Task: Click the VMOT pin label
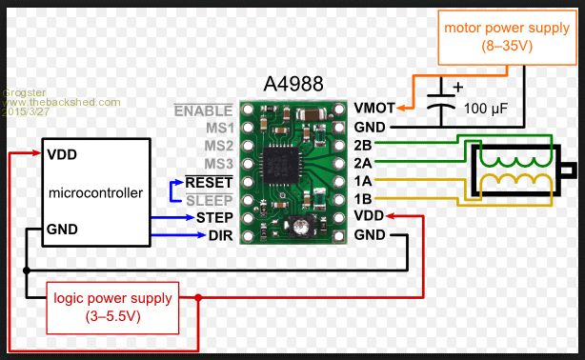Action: [x=374, y=109]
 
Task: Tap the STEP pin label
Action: [x=214, y=217]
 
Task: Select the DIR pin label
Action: [x=220, y=235]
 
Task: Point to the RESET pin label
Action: [x=209, y=183]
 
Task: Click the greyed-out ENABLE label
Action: [x=203, y=110]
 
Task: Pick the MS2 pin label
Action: [x=218, y=146]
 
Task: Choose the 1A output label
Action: [x=363, y=181]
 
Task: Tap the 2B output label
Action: [x=363, y=145]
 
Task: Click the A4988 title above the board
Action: [x=293, y=84]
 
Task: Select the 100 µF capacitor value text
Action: [x=485, y=109]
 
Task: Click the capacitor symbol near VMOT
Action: [x=441, y=102]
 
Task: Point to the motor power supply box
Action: [x=507, y=37]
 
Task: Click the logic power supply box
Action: [x=112, y=309]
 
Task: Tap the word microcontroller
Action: [x=95, y=193]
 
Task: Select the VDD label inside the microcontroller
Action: [x=62, y=154]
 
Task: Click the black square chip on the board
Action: [x=281, y=166]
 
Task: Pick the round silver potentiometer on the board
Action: [x=301, y=226]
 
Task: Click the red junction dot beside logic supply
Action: [x=198, y=298]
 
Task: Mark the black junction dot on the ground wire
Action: [x=27, y=270]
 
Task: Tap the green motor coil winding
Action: [x=515, y=161]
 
